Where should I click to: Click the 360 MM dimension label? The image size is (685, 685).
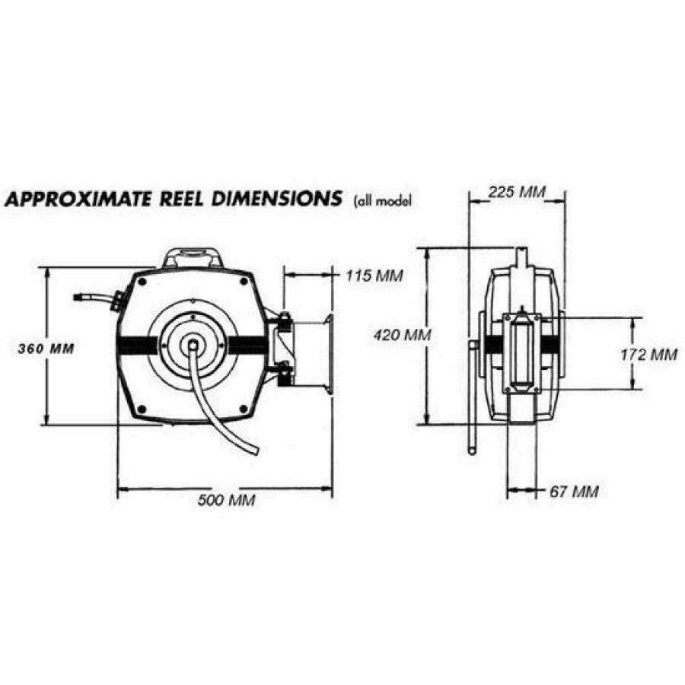tap(46, 349)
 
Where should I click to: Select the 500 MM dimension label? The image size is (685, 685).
tap(226, 500)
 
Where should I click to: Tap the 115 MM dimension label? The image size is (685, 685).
tap(370, 275)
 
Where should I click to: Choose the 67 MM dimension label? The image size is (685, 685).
tap(573, 492)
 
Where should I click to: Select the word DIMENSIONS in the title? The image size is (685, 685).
tap(282, 199)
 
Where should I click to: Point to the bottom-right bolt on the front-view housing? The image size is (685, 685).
tap(243, 408)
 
